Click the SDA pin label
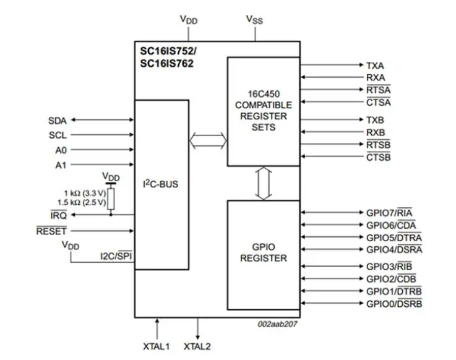click(x=57, y=120)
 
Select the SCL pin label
click(x=57, y=135)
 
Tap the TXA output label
click(x=375, y=65)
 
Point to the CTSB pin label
click(x=378, y=157)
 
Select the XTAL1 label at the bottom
click(x=157, y=346)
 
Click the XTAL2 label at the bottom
click(x=197, y=346)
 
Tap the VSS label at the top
click(x=254, y=19)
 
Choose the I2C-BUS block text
click(x=161, y=184)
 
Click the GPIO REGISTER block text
click(x=264, y=252)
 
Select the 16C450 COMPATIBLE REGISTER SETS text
click(x=260, y=111)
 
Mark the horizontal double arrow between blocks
click(x=208, y=141)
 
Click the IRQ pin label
click(x=59, y=215)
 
